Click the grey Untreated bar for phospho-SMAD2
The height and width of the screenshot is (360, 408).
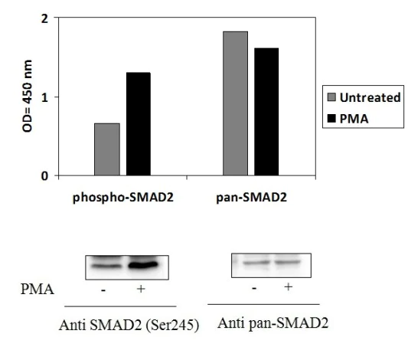coord(107,149)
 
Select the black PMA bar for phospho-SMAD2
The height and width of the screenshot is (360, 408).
coord(139,124)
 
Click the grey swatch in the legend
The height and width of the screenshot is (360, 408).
coord(331,97)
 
